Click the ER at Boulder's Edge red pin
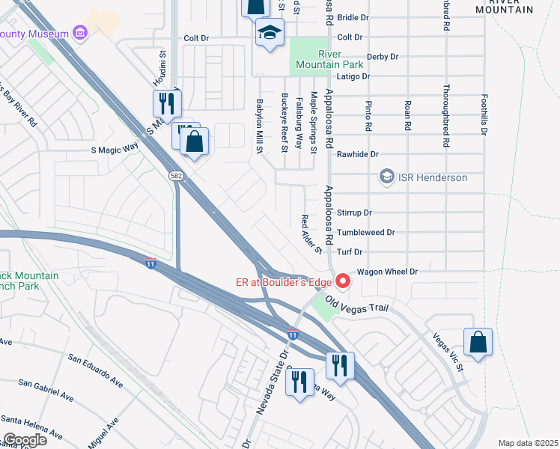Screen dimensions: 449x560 click(344, 281)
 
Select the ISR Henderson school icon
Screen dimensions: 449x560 click(386, 177)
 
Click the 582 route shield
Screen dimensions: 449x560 click(175, 175)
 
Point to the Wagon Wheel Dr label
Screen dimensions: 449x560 click(386, 272)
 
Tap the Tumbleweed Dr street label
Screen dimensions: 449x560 click(365, 233)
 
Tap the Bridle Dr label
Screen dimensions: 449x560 click(353, 16)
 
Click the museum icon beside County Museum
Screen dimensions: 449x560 click(80, 32)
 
